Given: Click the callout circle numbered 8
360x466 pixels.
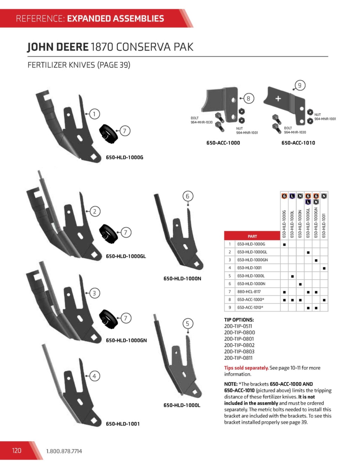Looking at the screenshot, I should pyautogui.click(x=248, y=98).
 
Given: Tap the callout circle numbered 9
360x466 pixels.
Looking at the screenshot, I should pyautogui.click(x=300, y=85).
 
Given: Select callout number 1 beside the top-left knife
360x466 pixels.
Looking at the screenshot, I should pyautogui.click(x=94, y=114).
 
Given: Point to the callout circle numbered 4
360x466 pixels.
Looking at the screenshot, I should pyautogui.click(x=94, y=376).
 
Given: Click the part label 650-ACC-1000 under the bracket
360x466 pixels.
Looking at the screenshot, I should pyautogui.click(x=223, y=143).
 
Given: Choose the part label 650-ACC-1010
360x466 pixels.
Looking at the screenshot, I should pyautogui.click(x=298, y=143).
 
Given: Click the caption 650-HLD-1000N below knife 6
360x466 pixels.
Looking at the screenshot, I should pyautogui.click(x=182, y=279).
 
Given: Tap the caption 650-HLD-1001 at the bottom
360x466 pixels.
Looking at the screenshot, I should pyautogui.click(x=123, y=424).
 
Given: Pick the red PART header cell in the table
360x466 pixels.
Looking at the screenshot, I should pyautogui.click(x=252, y=236).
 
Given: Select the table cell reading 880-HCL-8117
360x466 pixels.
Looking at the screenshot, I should pyautogui.click(x=249, y=292).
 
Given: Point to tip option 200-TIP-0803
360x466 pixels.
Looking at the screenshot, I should pyautogui.click(x=239, y=351).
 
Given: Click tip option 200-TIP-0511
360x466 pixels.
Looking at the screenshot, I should pyautogui.click(x=238, y=326).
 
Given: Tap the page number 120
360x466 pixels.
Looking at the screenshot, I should pyautogui.click(x=17, y=451).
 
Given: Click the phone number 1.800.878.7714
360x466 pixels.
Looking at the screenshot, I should pyautogui.click(x=64, y=451).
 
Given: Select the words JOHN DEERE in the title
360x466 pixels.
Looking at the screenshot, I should pyautogui.click(x=58, y=47).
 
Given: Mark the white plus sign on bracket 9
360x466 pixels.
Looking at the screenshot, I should pyautogui.click(x=278, y=98).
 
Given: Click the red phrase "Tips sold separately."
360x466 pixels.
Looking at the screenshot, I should pyautogui.click(x=246, y=368).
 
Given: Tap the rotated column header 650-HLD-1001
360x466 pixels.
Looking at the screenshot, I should pyautogui.click(x=324, y=225).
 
